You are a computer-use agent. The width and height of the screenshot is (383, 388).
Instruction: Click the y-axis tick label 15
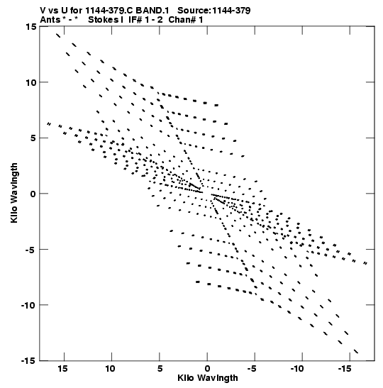[30, 26]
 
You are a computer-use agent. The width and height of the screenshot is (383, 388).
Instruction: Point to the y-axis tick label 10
[30, 82]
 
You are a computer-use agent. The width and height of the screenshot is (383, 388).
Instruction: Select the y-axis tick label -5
[30, 250]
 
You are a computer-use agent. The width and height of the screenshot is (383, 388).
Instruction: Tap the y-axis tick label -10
[28, 305]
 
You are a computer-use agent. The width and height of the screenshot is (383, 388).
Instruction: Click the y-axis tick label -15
[28, 361]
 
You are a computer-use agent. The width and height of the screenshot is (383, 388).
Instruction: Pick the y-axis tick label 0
[33, 194]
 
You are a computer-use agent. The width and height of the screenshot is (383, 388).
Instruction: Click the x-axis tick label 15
[63, 369]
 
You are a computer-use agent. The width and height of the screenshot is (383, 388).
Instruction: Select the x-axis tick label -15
[345, 369]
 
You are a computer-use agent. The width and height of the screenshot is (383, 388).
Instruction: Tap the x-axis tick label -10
[297, 369]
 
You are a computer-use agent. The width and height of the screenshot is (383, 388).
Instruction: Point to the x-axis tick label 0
[207, 369]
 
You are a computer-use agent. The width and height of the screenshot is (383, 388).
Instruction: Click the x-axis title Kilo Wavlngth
[208, 378]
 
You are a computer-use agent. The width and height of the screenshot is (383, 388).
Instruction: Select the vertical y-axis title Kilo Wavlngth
[14, 193]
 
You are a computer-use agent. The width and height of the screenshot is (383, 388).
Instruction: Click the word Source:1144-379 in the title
[214, 11]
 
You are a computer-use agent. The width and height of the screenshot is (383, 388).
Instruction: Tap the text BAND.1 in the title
[152, 11]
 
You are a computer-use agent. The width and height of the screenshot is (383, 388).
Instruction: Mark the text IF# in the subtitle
[135, 20]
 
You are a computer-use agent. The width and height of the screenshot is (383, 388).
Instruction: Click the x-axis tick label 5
[160, 369]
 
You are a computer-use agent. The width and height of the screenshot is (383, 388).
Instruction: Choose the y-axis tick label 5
[33, 138]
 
